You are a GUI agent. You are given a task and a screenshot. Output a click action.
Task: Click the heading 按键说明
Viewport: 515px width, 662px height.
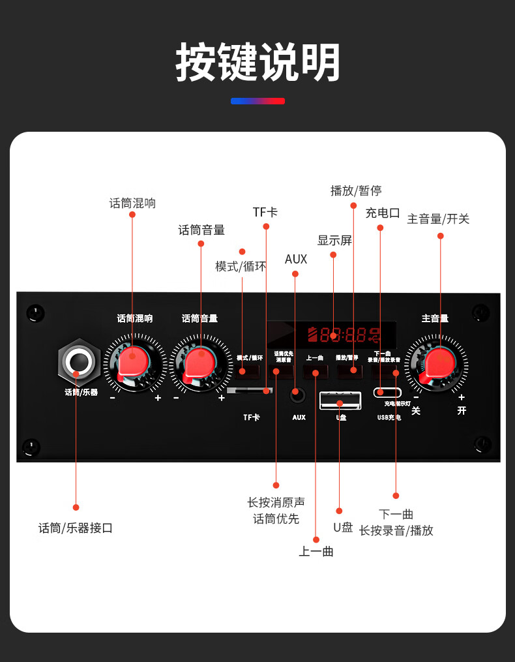pos(257,63)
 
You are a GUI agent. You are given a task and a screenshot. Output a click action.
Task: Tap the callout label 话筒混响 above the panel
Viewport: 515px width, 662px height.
pos(132,203)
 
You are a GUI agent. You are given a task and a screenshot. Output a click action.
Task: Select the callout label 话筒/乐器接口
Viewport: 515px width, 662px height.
pos(76,528)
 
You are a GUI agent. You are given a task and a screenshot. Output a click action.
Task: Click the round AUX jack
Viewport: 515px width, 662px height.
pos(297,394)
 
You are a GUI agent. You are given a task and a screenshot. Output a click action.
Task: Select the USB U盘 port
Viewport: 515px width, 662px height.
pos(340,399)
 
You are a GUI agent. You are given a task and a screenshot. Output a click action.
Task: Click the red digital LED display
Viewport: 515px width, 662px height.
pos(344,336)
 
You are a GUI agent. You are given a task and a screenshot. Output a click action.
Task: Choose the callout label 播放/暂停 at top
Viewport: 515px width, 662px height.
pos(356,190)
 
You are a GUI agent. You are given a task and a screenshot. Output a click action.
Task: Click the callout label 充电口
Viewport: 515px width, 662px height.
pos(383,213)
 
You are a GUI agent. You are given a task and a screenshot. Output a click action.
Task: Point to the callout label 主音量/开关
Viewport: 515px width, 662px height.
pos(438,219)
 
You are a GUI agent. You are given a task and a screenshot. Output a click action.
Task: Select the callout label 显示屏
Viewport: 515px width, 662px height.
pos(334,241)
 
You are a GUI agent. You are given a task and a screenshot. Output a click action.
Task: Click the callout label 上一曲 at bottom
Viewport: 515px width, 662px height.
pos(316,552)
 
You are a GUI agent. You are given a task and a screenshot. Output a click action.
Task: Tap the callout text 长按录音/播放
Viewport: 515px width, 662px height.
pos(396,530)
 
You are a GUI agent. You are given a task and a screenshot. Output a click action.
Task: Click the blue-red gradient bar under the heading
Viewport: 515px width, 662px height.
pos(257,101)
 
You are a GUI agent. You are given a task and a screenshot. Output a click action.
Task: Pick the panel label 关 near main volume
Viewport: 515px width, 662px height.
pos(416,411)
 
